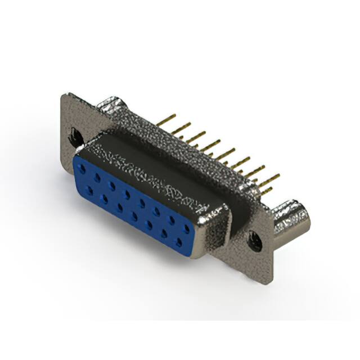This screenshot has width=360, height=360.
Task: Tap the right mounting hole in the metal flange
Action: pyautogui.click(x=255, y=241)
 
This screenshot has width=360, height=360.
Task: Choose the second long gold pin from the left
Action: pyautogui.click(x=181, y=129)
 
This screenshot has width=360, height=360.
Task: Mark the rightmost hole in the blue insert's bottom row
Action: pyautogui.click(x=179, y=242)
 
